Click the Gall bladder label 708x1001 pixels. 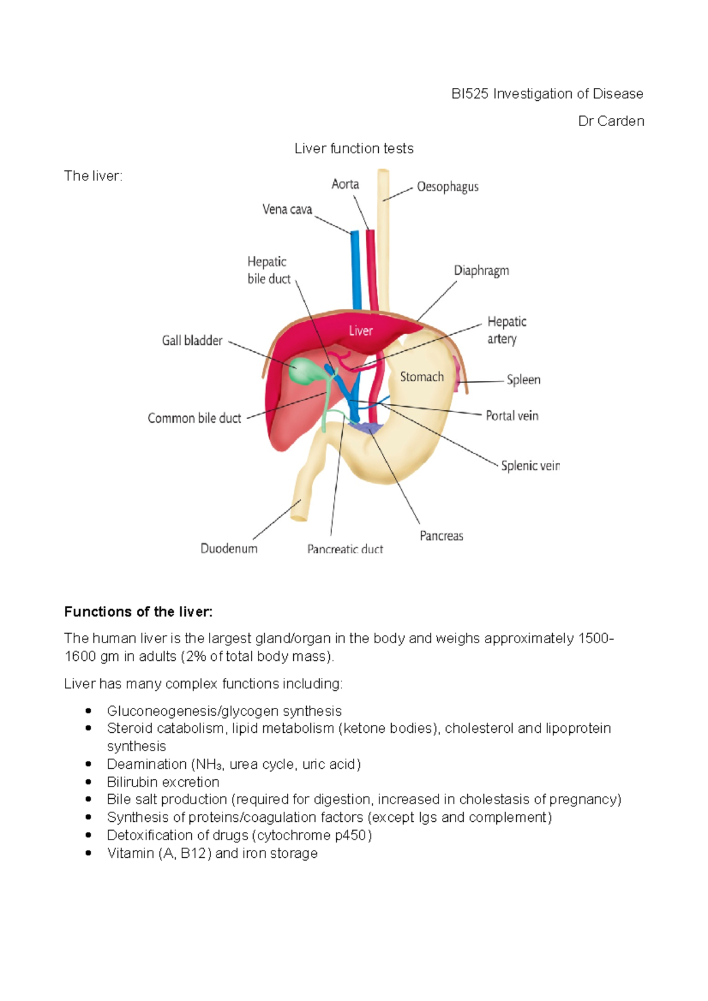pyautogui.click(x=192, y=341)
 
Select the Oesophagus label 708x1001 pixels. pyautogui.click(x=447, y=187)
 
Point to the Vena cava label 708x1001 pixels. pyautogui.click(x=287, y=209)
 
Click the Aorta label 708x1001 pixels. pyautogui.click(x=345, y=185)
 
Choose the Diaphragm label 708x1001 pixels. pyautogui.click(x=481, y=271)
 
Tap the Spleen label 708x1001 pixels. pyautogui.click(x=523, y=380)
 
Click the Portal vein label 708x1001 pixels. pyautogui.click(x=512, y=416)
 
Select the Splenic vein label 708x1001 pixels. pyautogui.click(x=530, y=466)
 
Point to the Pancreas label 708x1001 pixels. pyautogui.click(x=441, y=536)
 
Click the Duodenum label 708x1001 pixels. pyautogui.click(x=229, y=548)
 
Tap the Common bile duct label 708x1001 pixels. pyautogui.click(x=194, y=419)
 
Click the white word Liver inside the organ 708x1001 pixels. pyautogui.click(x=360, y=331)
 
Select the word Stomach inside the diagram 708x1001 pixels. pyautogui.click(x=422, y=377)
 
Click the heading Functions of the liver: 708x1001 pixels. pyautogui.click(x=138, y=612)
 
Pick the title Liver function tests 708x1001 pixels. pyautogui.click(x=354, y=149)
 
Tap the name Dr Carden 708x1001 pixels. pyautogui.click(x=611, y=121)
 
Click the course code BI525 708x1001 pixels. pyautogui.click(x=470, y=94)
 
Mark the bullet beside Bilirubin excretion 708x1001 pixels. pyautogui.click(x=88, y=782)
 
